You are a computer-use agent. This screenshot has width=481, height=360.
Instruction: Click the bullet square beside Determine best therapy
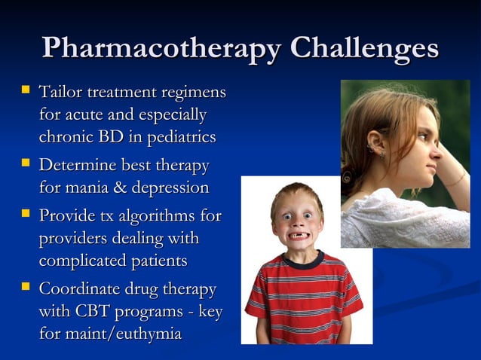click(x=26, y=163)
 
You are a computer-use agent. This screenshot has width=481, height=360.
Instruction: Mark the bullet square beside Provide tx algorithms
click(x=26, y=214)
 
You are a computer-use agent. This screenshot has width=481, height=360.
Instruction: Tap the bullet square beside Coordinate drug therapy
click(x=26, y=287)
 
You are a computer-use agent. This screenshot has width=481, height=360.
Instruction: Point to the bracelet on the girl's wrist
click(x=455, y=182)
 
